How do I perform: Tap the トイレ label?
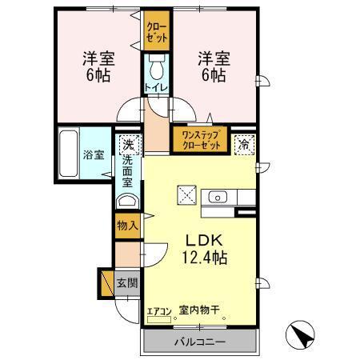point(155,86)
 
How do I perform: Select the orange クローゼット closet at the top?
point(155,34)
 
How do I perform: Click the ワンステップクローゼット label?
point(200,140)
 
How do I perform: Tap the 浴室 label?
point(94,154)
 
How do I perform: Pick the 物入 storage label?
point(127,225)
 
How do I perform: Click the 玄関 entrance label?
point(126,282)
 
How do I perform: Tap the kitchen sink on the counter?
point(217,197)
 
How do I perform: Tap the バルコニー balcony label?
point(200,342)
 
